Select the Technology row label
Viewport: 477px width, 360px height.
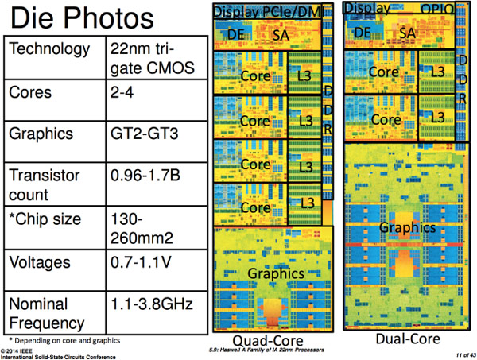[x=48, y=50]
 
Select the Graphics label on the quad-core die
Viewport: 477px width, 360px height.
[x=276, y=273]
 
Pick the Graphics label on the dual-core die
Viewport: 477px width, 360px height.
[x=406, y=227]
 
